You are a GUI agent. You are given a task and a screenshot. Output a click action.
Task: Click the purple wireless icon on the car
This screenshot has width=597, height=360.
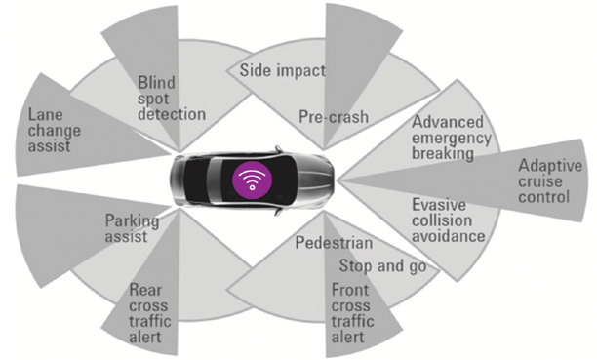click(x=252, y=180)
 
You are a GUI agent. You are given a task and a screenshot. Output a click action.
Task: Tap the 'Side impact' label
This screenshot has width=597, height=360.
click(x=283, y=70)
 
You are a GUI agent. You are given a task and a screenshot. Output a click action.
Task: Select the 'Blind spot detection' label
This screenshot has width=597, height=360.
click(x=172, y=99)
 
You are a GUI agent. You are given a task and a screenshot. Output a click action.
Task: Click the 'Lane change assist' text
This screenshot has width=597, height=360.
click(x=55, y=131)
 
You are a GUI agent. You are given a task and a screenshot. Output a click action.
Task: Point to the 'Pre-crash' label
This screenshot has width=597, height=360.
click(x=334, y=116)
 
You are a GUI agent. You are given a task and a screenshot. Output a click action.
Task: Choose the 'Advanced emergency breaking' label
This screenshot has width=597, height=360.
click(x=452, y=138)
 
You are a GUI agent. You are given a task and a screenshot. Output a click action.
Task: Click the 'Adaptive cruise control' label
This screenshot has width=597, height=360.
click(x=550, y=181)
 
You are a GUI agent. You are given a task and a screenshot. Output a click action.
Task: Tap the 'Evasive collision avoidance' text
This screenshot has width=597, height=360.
click(x=448, y=220)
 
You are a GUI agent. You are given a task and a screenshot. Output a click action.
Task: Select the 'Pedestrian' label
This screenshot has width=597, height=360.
click(x=334, y=243)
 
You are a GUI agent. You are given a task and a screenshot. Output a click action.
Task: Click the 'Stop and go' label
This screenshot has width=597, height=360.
click(x=382, y=266)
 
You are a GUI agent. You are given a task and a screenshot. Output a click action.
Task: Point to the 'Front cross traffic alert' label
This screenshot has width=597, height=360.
click(x=352, y=313)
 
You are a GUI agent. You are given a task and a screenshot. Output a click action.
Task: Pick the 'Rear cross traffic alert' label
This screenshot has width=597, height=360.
click(x=149, y=313)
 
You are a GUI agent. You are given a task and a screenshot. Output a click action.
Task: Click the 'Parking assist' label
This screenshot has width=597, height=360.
click(x=132, y=228)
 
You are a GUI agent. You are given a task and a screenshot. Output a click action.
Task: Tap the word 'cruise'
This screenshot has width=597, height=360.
click(x=539, y=181)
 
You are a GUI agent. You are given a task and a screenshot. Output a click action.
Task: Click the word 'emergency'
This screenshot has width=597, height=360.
click(x=452, y=139)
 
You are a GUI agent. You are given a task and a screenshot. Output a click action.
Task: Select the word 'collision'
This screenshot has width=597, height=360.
click(x=442, y=220)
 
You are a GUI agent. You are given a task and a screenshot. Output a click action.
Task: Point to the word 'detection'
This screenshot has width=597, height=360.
click(x=172, y=114)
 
